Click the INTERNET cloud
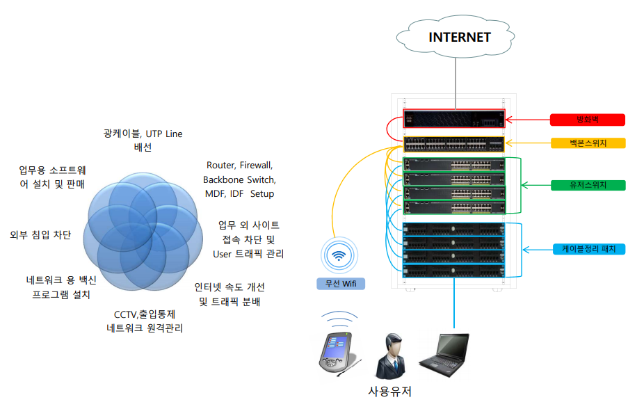pyautogui.click(x=455, y=37)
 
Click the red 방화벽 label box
pyautogui.click(x=588, y=120)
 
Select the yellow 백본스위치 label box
pyautogui.click(x=588, y=143)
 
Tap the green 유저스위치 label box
pyautogui.click(x=588, y=185)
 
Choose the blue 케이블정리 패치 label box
pyautogui.click(x=589, y=249)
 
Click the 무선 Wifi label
pyautogui.click(x=341, y=284)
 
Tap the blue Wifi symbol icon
pyautogui.click(x=339, y=255)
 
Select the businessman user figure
pyautogui.click(x=391, y=356)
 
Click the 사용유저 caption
pyautogui.click(x=389, y=392)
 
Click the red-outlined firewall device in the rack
pyautogui.click(x=454, y=119)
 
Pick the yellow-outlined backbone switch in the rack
pyautogui.click(x=454, y=144)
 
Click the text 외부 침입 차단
pyautogui.click(x=40, y=235)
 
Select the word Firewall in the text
pyautogui.click(x=256, y=166)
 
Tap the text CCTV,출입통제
pyautogui.click(x=145, y=314)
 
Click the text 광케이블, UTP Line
pyautogui.click(x=143, y=134)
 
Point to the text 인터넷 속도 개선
pyautogui.click(x=230, y=287)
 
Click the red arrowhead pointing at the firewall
pyautogui.click(x=509, y=120)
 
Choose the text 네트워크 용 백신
pyautogui.click(x=61, y=280)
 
